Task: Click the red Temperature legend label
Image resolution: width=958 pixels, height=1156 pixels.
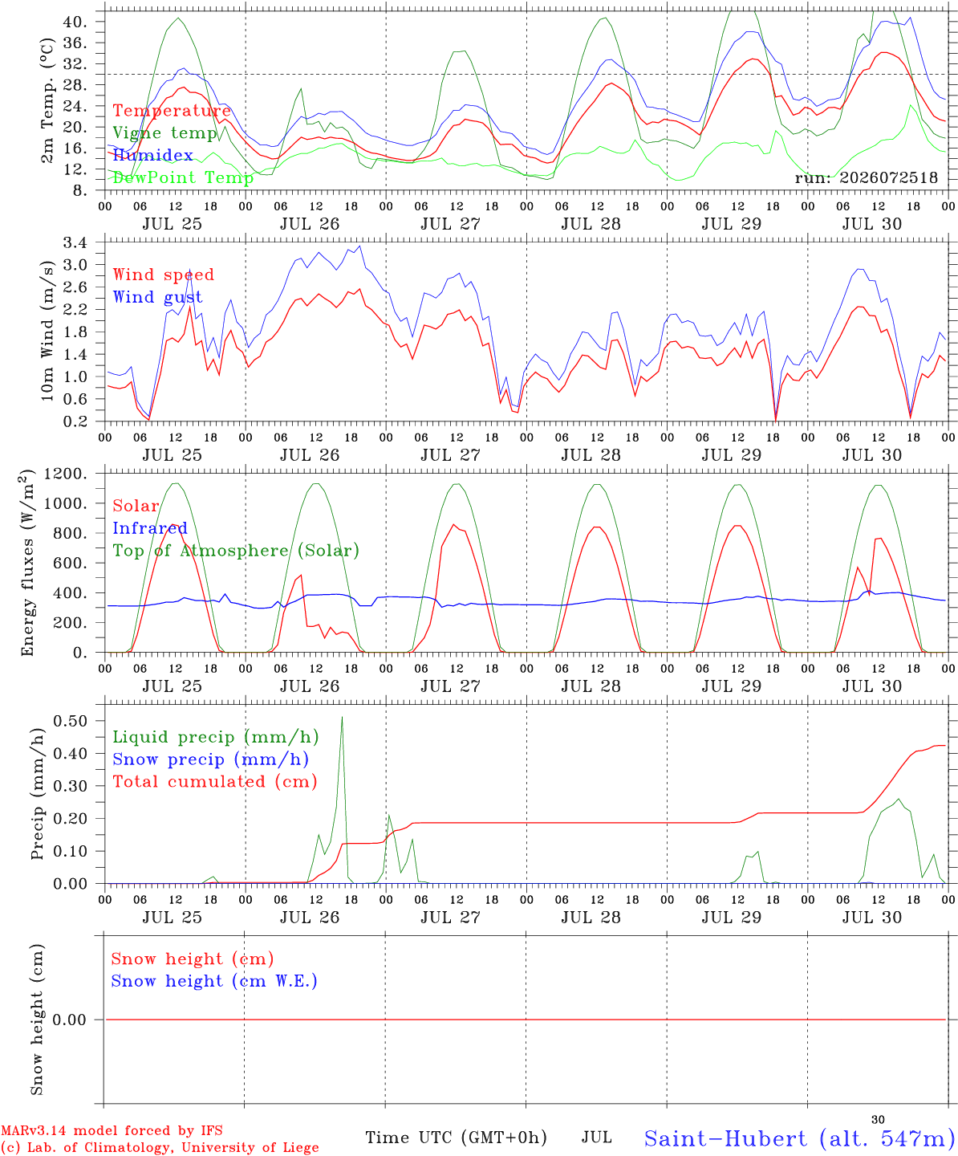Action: tap(172, 111)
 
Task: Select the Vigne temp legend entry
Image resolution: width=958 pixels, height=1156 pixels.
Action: tap(165, 133)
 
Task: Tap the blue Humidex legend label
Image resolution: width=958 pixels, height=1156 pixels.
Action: tap(152, 155)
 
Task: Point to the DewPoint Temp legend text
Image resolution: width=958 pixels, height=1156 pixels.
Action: tap(183, 177)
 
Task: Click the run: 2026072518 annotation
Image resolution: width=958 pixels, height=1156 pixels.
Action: tap(866, 177)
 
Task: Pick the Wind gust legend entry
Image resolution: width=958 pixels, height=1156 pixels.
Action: tap(158, 297)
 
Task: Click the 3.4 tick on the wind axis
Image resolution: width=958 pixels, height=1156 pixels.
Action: tap(75, 242)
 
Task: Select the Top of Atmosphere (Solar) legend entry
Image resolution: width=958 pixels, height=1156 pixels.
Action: tap(237, 551)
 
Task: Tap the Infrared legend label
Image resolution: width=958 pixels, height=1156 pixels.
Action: tap(150, 528)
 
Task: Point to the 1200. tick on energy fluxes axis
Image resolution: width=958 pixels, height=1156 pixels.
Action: tap(66, 474)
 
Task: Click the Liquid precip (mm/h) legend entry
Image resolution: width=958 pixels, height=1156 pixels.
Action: tap(216, 738)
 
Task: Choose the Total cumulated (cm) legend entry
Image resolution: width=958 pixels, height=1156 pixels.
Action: tap(215, 782)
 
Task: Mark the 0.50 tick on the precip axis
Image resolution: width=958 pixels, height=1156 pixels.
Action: tap(71, 721)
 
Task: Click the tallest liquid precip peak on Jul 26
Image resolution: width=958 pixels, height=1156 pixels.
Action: tap(342, 718)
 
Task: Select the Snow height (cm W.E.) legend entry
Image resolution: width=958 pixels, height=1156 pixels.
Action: tap(214, 981)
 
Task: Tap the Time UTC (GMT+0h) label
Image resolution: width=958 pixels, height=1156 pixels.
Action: tap(457, 1138)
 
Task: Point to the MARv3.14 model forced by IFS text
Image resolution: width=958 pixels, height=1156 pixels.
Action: tap(112, 1130)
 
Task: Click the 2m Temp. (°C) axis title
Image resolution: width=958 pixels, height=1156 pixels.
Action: tap(47, 100)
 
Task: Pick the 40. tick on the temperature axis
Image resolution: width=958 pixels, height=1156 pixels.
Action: tap(75, 22)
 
